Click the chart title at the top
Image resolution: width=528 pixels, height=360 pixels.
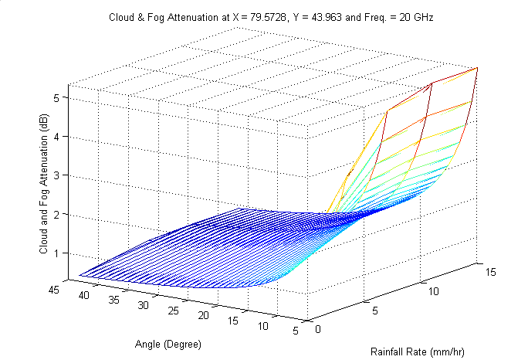[x=265, y=17]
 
